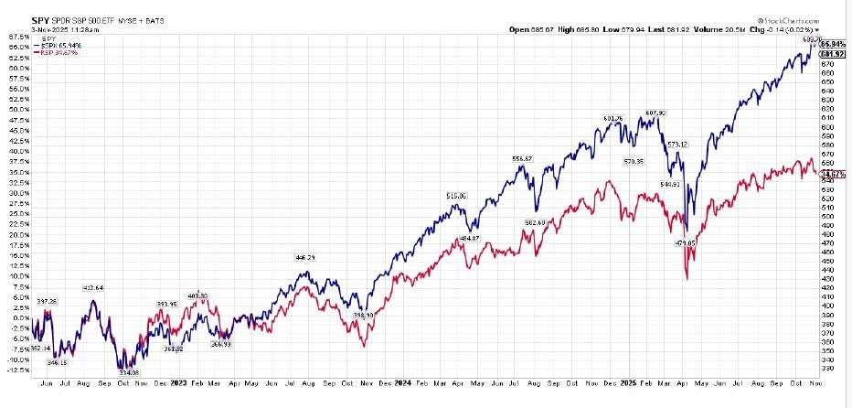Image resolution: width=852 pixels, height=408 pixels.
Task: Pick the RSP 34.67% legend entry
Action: tap(55, 52)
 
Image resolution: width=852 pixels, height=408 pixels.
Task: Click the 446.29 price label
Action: tap(307, 258)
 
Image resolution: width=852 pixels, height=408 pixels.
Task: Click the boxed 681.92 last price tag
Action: tap(831, 54)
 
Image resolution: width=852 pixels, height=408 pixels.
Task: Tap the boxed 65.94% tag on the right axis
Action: tap(831, 44)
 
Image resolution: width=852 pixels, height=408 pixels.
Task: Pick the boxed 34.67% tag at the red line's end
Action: tap(831, 173)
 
